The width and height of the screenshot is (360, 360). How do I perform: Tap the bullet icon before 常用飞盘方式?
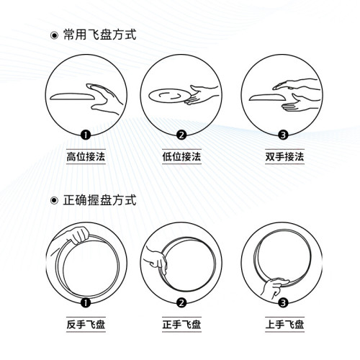pos(53,35)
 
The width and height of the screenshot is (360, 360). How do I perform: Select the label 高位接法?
pos(85,156)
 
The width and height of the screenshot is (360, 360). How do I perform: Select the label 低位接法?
pos(181,156)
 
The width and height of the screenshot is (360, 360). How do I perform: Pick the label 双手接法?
pos(276,156)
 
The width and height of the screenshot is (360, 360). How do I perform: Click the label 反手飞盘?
pos(85,326)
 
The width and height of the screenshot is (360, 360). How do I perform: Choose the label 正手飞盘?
pos(181,326)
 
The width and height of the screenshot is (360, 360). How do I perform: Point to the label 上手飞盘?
pos(276,326)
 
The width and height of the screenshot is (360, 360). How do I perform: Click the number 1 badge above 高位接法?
pos(85,135)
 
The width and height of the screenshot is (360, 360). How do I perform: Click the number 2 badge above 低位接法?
pos(181,135)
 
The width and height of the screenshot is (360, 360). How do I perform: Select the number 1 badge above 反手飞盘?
pos(85,304)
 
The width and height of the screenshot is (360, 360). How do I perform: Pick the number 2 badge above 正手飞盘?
pos(181,304)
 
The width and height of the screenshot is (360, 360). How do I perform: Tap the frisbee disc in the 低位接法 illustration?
pos(168,96)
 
